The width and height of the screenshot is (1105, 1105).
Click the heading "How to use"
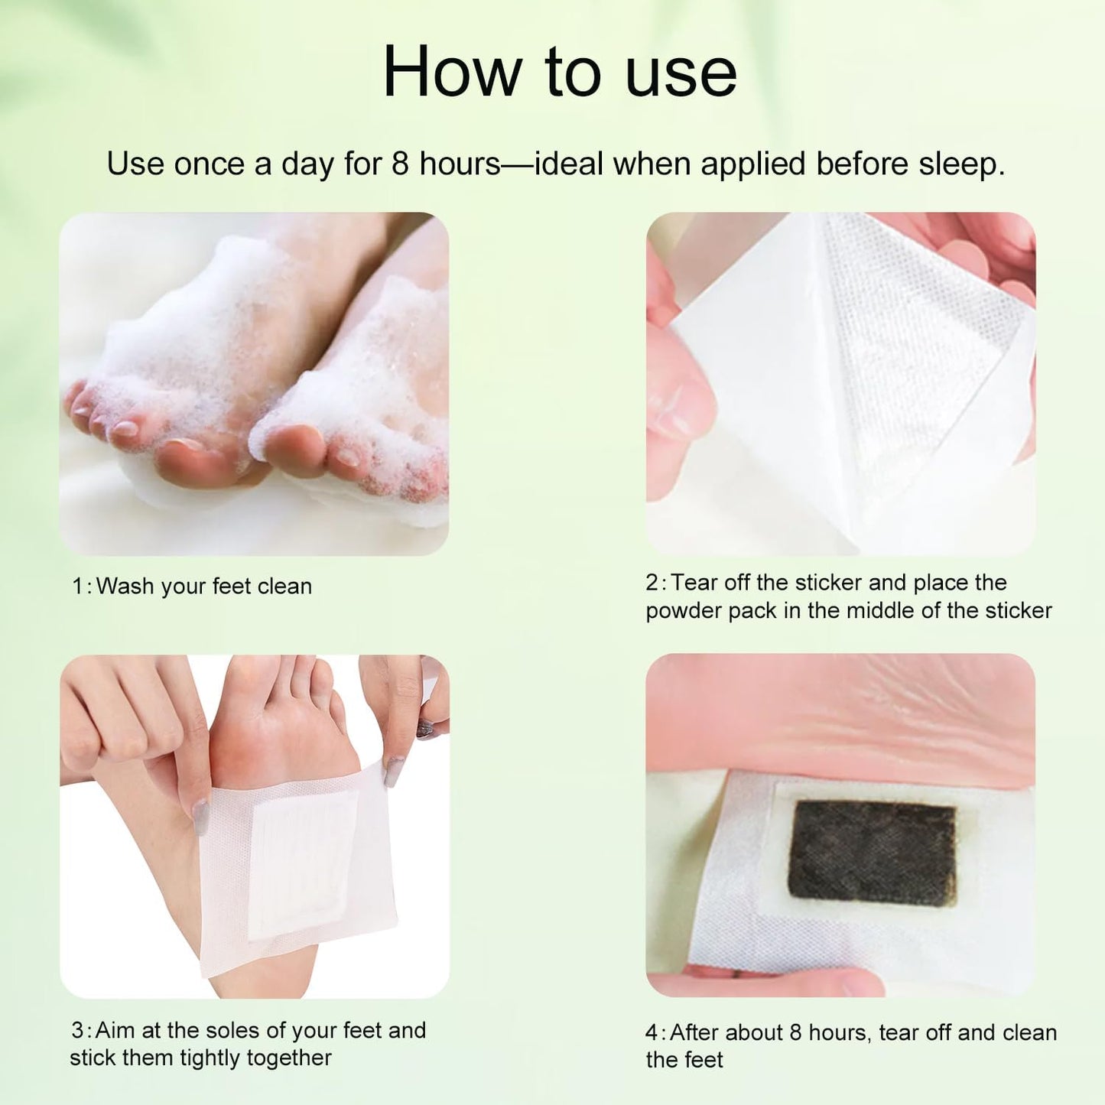pyautogui.click(x=559, y=73)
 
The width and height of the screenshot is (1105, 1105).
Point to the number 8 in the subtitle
pyautogui.click(x=400, y=164)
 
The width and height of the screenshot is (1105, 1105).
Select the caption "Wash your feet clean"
pyautogui.click(x=203, y=587)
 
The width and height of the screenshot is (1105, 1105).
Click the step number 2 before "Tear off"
pyautogui.click(x=652, y=583)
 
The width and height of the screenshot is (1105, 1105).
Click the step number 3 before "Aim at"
pyautogui.click(x=78, y=1030)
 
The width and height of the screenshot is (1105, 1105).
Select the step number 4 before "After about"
pyautogui.click(x=652, y=1032)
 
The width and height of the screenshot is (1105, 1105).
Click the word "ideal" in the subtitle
pyautogui.click(x=570, y=164)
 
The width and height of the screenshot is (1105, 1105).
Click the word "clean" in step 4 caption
pyautogui.click(x=1029, y=1032)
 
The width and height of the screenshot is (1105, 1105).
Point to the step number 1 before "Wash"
pyautogui.click(x=78, y=587)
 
